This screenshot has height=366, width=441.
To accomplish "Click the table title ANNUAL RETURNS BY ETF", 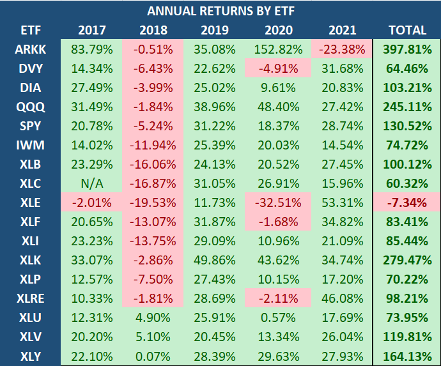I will coord(220,11).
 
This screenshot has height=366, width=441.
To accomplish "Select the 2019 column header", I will coord(215,30).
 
